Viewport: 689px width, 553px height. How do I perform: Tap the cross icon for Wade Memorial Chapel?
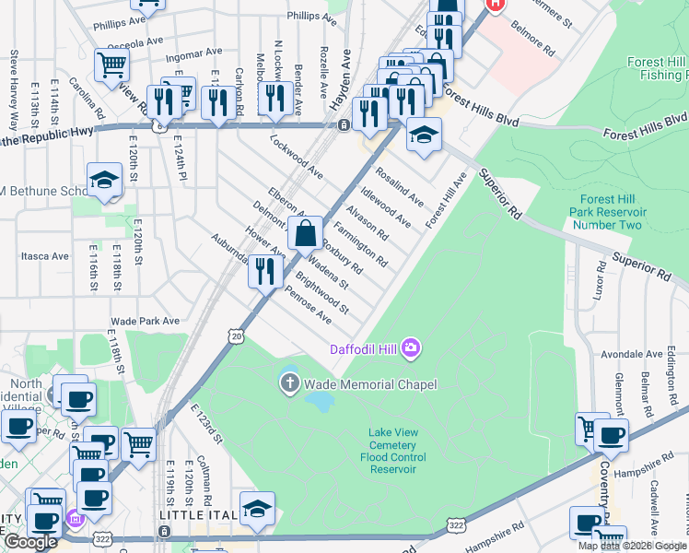[x=290, y=383]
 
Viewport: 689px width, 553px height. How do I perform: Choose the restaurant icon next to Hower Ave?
[x=264, y=270]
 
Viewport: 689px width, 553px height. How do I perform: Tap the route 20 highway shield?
[x=237, y=338]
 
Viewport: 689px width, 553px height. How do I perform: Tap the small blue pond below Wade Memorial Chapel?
[x=319, y=402]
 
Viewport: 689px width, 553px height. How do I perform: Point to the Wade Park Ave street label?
[x=145, y=321]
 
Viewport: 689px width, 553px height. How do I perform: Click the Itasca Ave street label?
[x=46, y=255]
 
